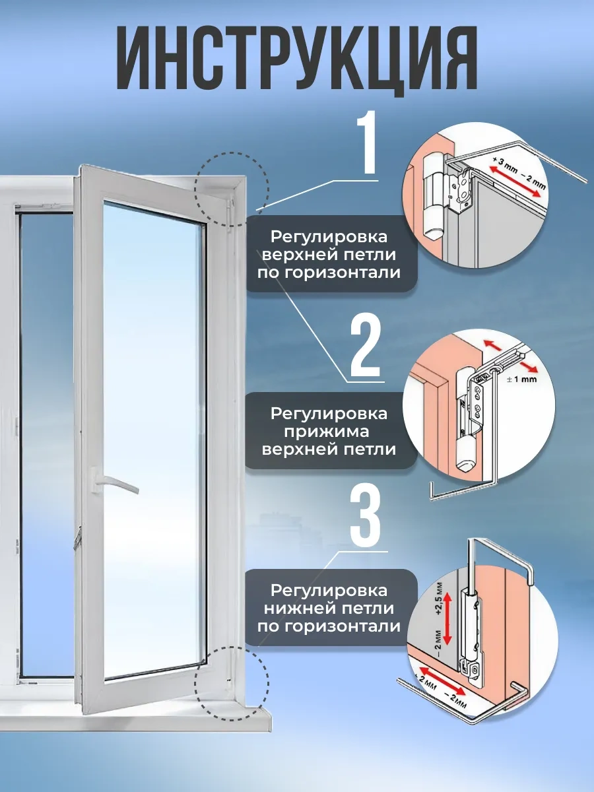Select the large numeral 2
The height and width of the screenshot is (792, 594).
click(365, 346)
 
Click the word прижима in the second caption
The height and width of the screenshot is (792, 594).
click(329, 432)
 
